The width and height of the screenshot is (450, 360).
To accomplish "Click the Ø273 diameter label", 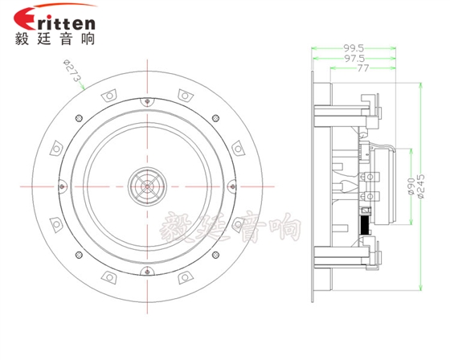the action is (72, 70).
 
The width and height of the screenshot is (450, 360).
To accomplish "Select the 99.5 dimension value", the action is (354, 48).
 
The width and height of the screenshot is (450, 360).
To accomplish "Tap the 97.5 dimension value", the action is (354, 59).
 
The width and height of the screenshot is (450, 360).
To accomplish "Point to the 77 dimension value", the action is (362, 68).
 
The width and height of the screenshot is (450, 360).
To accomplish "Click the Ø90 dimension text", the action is (411, 186).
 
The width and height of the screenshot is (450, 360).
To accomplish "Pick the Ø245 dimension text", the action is (420, 186).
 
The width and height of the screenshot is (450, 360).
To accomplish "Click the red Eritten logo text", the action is (55, 19).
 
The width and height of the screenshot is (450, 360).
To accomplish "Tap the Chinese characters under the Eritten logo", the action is (55, 39).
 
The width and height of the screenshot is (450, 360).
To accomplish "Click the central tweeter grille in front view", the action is (147, 186).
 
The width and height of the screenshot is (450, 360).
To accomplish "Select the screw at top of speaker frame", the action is (147, 101).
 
